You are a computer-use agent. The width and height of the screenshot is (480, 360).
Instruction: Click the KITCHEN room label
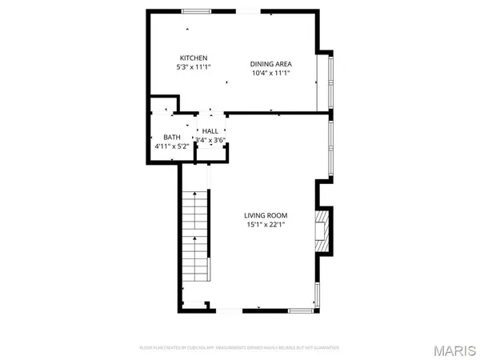[x=194, y=58]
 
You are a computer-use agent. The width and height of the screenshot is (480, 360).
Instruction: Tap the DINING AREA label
[x=270, y=63]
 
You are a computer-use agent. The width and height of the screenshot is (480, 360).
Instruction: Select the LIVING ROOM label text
[x=266, y=215]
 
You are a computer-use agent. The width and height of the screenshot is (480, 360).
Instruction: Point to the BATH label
[x=172, y=138]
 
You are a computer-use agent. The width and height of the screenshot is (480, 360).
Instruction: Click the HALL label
[x=210, y=131]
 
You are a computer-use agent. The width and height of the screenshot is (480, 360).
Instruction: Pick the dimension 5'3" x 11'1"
[x=194, y=67]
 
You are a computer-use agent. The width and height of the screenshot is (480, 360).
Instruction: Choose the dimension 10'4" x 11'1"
[x=270, y=73]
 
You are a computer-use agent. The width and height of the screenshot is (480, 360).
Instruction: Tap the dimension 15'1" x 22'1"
[x=266, y=225]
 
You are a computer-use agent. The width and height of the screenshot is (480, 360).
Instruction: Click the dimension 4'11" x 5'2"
[x=172, y=146]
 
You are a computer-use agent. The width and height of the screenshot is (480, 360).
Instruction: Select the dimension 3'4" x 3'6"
[x=210, y=140]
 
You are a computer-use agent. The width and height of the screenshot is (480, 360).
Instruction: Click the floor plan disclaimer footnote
[x=240, y=348]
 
